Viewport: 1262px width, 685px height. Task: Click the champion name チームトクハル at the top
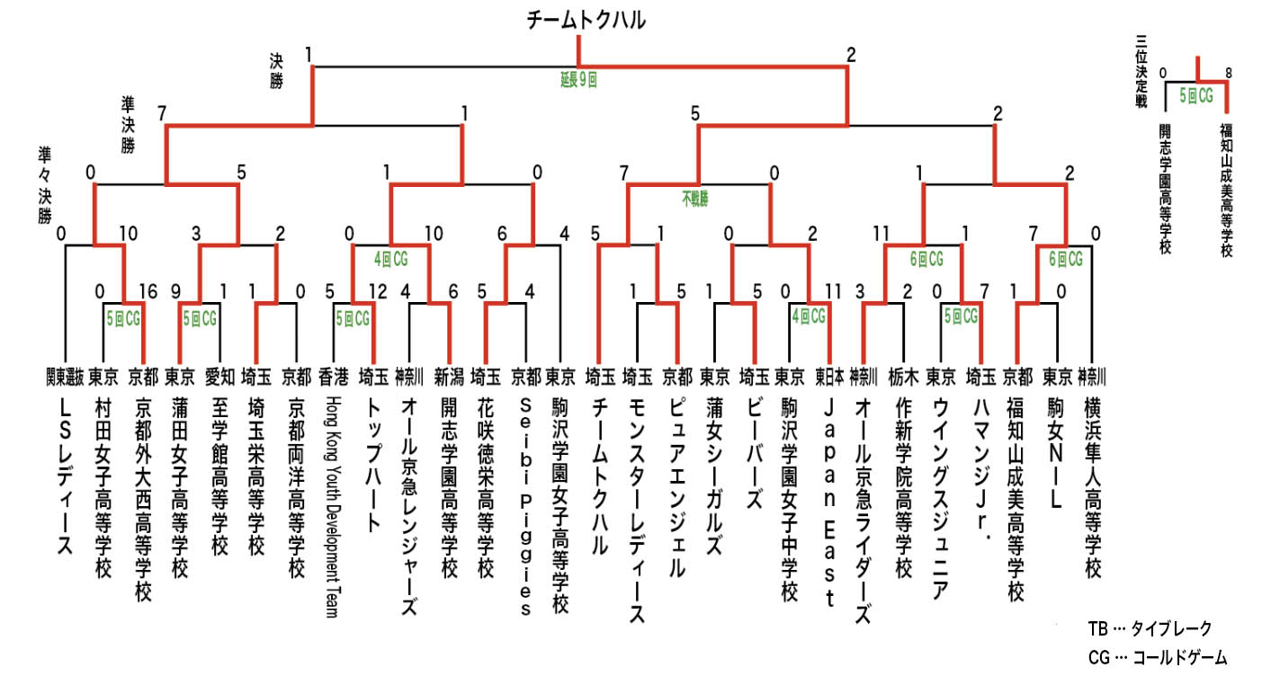click(586, 21)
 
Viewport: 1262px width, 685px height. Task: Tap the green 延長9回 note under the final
click(578, 79)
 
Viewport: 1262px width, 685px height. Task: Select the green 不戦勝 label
click(695, 199)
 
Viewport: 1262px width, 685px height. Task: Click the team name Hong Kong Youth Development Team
click(334, 507)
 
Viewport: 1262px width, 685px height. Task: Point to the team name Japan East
click(829, 503)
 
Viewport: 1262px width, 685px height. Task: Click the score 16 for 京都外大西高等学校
click(148, 291)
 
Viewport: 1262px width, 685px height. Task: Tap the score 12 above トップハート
click(378, 291)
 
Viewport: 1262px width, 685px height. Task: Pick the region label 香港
click(334, 377)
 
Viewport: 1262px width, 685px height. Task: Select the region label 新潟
click(449, 377)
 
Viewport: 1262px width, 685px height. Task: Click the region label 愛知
click(219, 377)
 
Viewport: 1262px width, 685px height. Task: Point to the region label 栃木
click(904, 377)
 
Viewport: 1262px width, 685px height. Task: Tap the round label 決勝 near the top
click(276, 71)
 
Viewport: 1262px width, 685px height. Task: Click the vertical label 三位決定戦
click(1141, 71)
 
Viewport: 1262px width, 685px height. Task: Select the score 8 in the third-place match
click(1229, 73)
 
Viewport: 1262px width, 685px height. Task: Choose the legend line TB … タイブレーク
click(1150, 628)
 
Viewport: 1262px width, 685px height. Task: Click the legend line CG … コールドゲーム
click(1158, 657)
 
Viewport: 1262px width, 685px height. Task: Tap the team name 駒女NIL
click(1055, 454)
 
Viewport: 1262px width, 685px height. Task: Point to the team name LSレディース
click(65, 476)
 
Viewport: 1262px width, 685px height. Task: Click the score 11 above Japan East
click(833, 291)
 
